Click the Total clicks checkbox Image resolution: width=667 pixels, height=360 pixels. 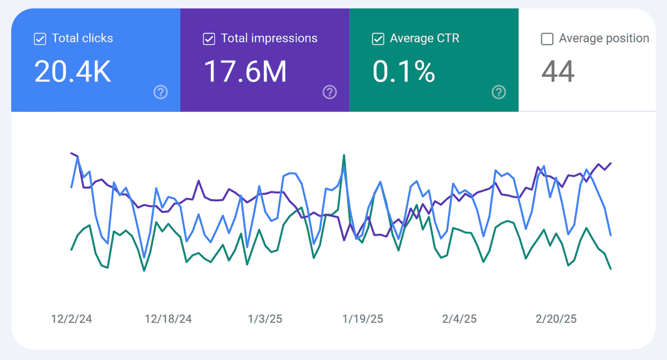40,39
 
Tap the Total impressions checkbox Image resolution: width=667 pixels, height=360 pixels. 208,39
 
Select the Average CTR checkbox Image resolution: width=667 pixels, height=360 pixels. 378,39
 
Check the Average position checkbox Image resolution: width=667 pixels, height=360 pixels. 547,39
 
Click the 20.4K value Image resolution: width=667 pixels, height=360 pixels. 72,71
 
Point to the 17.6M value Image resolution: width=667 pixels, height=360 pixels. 245,71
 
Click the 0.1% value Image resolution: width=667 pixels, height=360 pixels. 403,71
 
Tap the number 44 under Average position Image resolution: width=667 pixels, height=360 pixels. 558,71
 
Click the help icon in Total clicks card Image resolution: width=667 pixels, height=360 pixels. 161,92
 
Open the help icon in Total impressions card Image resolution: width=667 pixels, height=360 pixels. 330,92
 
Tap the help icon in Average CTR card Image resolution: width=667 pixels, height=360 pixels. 498,92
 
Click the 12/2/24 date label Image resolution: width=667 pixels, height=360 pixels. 72,319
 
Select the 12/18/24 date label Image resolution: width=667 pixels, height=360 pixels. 168,319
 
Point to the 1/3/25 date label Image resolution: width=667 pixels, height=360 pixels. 265,319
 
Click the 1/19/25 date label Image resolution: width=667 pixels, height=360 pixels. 363,319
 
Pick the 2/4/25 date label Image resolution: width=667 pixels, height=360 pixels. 459,319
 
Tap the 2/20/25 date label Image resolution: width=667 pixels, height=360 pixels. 556,319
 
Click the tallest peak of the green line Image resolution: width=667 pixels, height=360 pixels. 343,156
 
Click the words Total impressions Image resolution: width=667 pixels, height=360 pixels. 269,38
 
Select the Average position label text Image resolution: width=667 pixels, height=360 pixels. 604,38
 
